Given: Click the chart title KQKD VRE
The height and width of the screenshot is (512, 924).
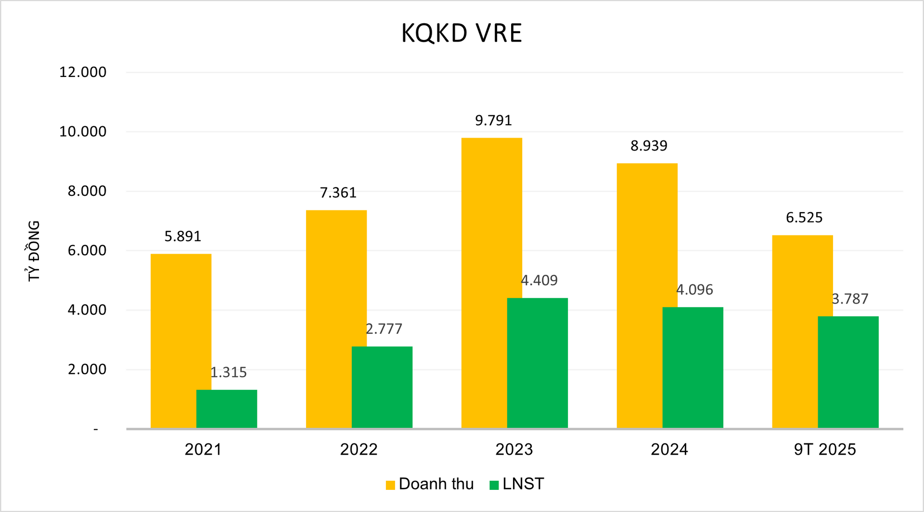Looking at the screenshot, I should [x=462, y=33].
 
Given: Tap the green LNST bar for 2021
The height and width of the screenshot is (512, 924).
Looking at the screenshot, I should [x=227, y=409].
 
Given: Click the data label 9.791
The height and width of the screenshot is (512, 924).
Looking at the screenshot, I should [x=493, y=120].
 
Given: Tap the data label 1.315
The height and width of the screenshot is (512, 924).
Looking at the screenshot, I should [x=229, y=372].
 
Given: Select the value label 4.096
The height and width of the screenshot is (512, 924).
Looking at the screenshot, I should [x=694, y=290].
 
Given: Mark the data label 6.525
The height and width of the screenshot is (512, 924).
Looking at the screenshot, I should [x=804, y=218].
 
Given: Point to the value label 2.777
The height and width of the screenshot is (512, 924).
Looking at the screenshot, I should [x=384, y=329].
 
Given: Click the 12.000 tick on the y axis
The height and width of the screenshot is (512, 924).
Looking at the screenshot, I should [x=83, y=72].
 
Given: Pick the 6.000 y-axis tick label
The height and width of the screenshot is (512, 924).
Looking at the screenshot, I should [x=87, y=250].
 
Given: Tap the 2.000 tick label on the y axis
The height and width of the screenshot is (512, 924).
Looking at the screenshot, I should [x=87, y=370].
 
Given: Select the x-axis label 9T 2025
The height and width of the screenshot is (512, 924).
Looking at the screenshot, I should [x=825, y=449].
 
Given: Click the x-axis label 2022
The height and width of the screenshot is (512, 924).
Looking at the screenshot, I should [x=359, y=449].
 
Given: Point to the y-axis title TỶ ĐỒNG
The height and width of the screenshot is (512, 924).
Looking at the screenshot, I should [x=34, y=251].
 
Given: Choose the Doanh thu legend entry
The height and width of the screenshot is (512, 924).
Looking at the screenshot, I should [x=430, y=484].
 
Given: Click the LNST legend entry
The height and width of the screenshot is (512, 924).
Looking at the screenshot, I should [x=517, y=484].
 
